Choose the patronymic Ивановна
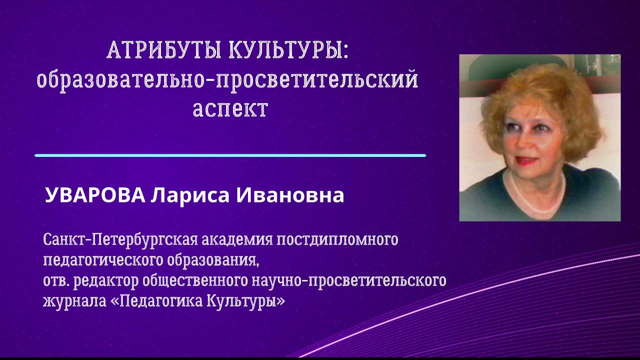point(289,195)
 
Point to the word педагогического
point(98,261)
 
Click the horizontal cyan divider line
point(230,155)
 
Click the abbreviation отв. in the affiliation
point(56,281)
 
